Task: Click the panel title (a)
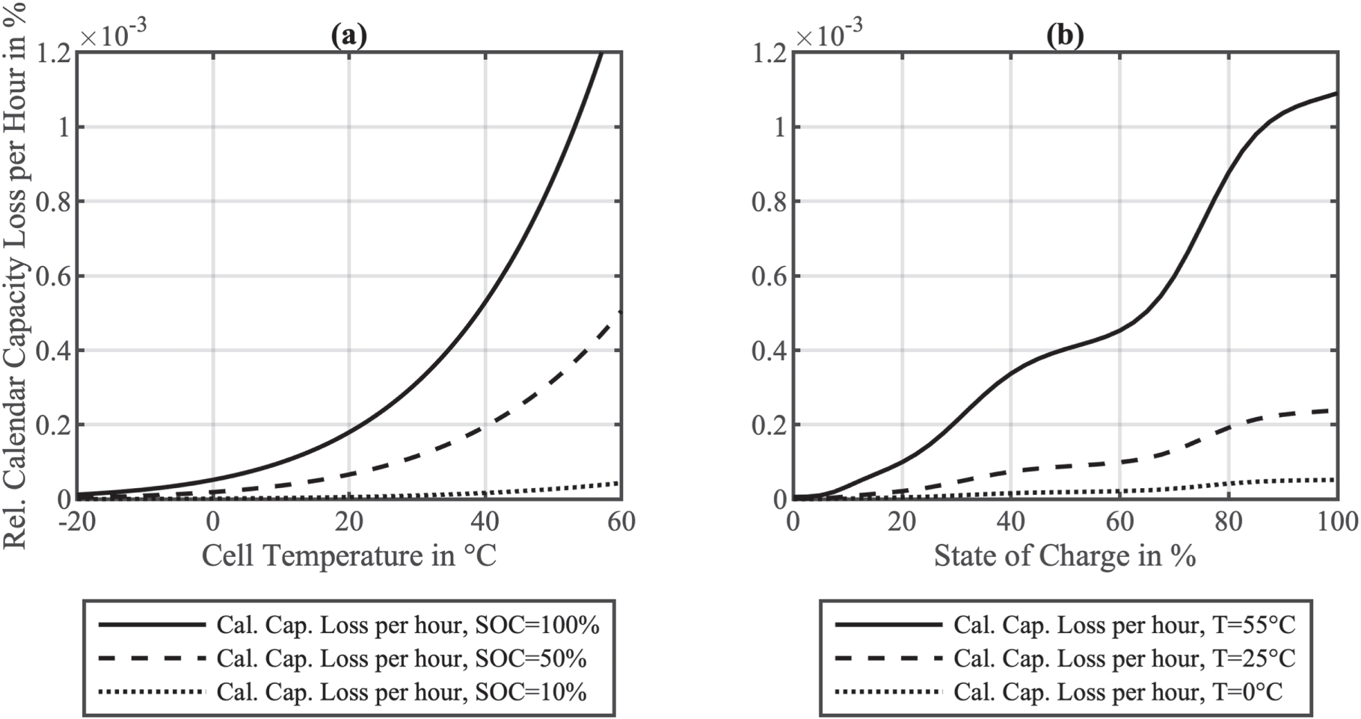click(348, 35)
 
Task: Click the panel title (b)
click(1064, 35)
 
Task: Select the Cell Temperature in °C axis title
click(348, 555)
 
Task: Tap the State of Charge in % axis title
click(1064, 555)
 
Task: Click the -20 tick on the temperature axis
click(77, 521)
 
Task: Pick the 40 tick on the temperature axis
click(485, 521)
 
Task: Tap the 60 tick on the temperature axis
click(621, 521)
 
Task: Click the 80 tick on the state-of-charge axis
click(1229, 521)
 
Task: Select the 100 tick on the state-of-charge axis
click(1337, 521)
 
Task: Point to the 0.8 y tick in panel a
click(53, 202)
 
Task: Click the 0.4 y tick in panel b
click(769, 351)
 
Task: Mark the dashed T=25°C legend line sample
click(888, 658)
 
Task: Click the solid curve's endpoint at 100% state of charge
click(1336, 93)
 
